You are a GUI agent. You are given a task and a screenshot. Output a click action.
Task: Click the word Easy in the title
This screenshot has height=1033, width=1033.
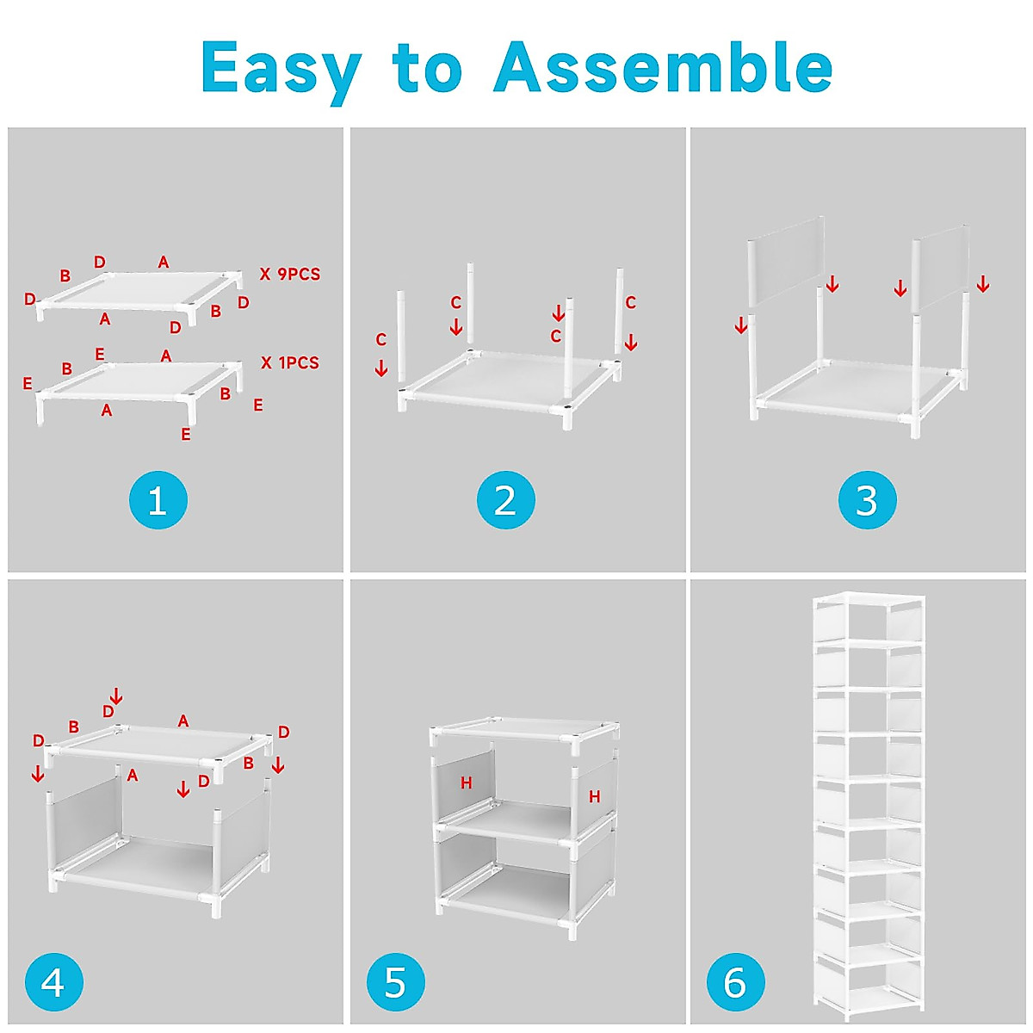pyautogui.click(x=281, y=71)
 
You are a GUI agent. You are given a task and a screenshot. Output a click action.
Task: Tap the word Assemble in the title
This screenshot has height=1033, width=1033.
pyautogui.click(x=663, y=67)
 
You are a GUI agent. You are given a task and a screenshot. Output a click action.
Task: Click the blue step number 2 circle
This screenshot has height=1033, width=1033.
pyautogui.click(x=505, y=500)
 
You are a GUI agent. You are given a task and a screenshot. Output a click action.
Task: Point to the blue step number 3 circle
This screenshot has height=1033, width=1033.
pyautogui.click(x=868, y=500)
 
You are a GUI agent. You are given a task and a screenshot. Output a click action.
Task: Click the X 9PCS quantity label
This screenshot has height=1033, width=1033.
pyautogui.click(x=289, y=274)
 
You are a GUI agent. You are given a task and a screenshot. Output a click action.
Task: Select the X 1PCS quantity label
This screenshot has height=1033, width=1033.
pyautogui.click(x=289, y=363)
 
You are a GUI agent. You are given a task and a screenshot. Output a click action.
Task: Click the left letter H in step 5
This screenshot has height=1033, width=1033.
pyautogui.click(x=466, y=783)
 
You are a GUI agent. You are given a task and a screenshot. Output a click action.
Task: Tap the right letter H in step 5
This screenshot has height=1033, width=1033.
pyautogui.click(x=594, y=796)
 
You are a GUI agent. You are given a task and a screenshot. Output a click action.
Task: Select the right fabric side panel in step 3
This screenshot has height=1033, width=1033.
pyautogui.click(x=941, y=268)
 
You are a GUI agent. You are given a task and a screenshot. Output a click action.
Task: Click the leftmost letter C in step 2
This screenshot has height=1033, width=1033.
pyautogui.click(x=380, y=339)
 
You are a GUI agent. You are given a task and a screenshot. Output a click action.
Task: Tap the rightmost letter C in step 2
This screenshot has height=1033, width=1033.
pyautogui.click(x=630, y=302)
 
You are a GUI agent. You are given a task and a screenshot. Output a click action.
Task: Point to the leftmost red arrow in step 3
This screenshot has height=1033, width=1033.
pyautogui.click(x=740, y=325)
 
